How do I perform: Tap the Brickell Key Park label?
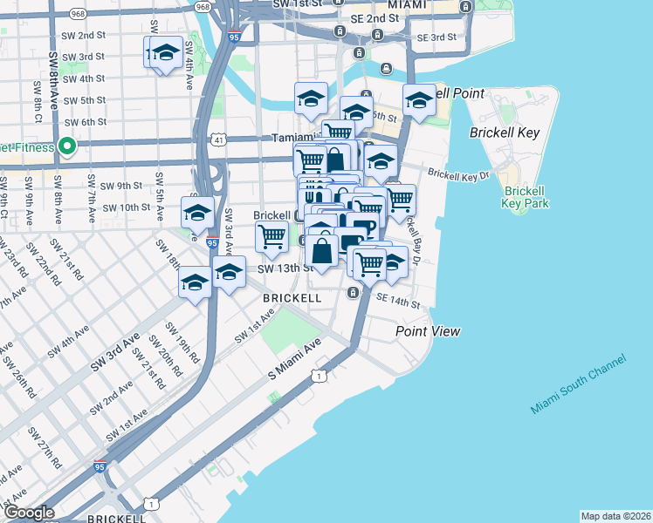pyautogui.click(x=525, y=197)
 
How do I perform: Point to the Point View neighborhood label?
pyautogui.click(x=427, y=331)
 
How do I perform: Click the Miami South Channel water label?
pyautogui.click(x=577, y=384)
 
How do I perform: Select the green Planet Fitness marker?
pyautogui.click(x=65, y=146)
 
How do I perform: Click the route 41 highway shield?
pyautogui.click(x=218, y=139)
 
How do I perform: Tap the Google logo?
pyautogui.click(x=28, y=513)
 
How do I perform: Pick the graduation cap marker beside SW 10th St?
pyautogui.click(x=198, y=213)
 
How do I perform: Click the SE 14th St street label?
pyautogui.click(x=397, y=302)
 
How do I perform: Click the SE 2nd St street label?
pyautogui.click(x=388, y=19)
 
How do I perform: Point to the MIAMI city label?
pyautogui.click(x=407, y=4)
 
